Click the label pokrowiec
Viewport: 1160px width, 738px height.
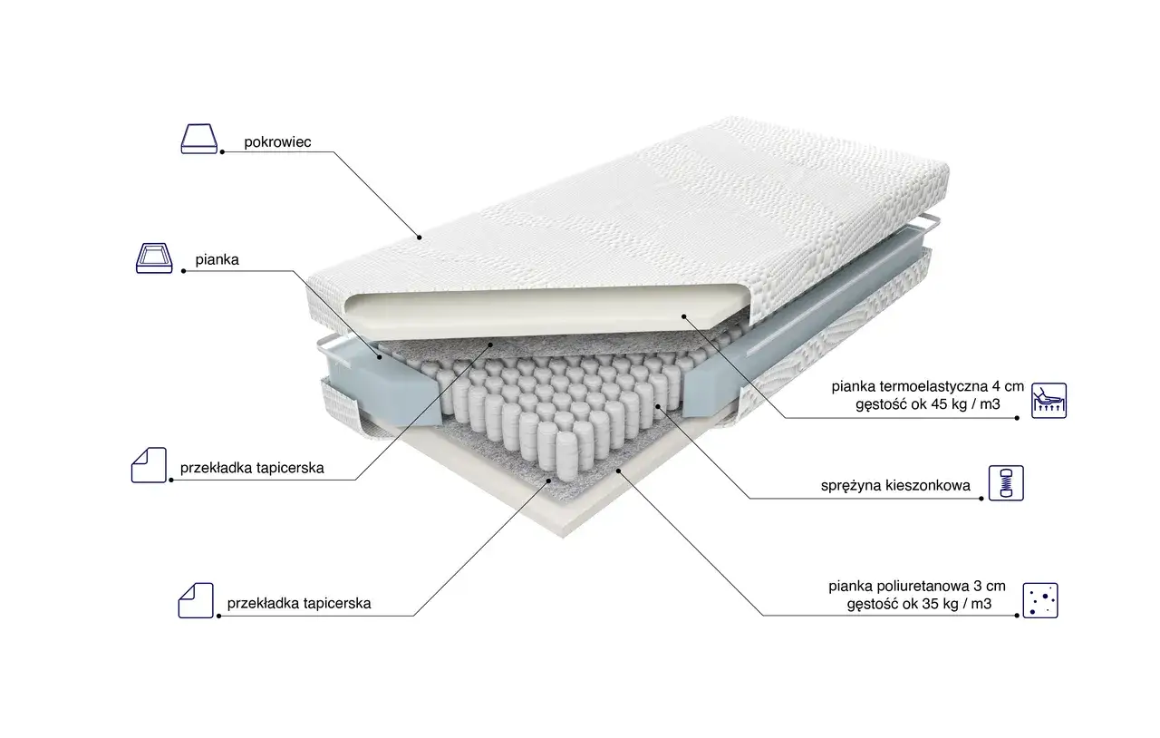click(277, 142)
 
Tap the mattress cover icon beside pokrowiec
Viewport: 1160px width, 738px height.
click(199, 139)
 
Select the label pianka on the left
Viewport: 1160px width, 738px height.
click(217, 259)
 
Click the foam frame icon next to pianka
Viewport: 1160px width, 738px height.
click(154, 257)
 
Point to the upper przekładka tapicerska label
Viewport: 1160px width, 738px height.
click(252, 468)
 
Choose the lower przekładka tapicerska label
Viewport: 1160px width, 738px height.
click(299, 603)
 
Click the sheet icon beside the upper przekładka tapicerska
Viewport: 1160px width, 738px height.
click(150, 465)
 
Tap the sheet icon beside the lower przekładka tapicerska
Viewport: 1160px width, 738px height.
click(196, 600)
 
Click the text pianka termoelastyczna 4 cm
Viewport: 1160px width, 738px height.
click(927, 386)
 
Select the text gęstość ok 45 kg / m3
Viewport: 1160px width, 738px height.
click(927, 404)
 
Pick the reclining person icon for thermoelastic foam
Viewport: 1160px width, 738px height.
click(1049, 401)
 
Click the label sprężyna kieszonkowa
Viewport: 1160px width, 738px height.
click(895, 486)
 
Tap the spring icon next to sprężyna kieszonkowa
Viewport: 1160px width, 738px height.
click(1006, 483)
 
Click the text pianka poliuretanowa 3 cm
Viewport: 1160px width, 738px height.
click(917, 587)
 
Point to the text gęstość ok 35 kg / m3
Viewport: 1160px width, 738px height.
click(919, 604)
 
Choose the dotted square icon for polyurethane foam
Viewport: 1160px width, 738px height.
click(1040, 601)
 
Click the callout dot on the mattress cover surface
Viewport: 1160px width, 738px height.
click(420, 238)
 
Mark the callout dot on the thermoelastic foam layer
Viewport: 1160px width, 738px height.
click(683, 316)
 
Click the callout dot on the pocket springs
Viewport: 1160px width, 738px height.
click(658, 406)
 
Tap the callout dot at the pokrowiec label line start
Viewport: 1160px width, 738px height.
click(222, 151)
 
